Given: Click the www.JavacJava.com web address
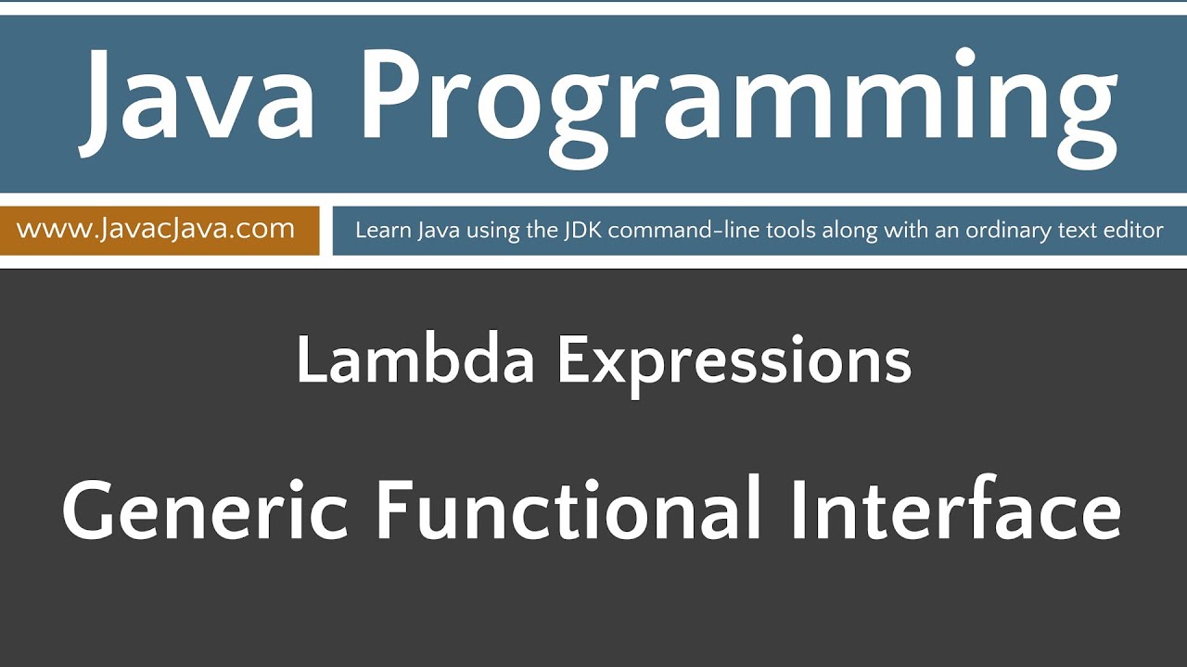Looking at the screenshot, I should point(156,229).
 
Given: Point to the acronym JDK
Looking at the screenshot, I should point(582,231).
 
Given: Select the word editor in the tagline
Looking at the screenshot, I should point(1132,231).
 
